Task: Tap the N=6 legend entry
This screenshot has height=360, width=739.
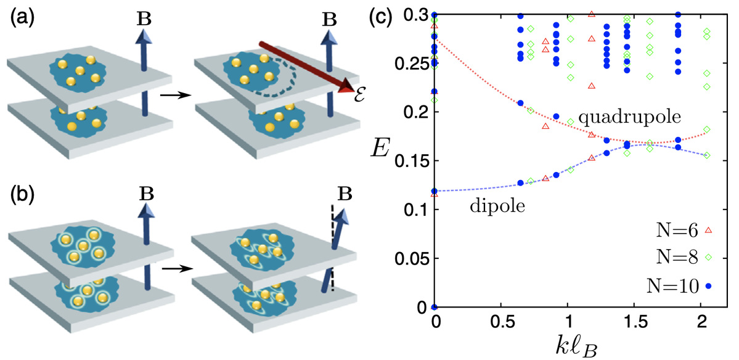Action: pyautogui.click(x=679, y=231)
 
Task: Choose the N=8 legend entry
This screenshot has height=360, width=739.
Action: pyautogui.click(x=679, y=258)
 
